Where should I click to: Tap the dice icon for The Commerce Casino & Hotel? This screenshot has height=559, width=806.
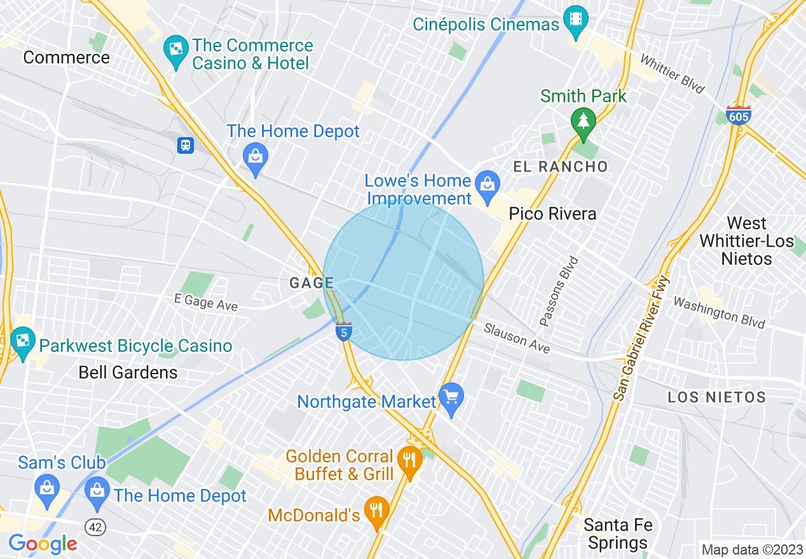[x=174, y=46]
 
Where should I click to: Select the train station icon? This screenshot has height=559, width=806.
[x=185, y=145]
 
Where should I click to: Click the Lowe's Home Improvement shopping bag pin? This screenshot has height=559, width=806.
[x=488, y=184]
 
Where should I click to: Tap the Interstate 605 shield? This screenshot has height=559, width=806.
[x=738, y=115]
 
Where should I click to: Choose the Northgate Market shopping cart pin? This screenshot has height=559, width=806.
[x=451, y=398]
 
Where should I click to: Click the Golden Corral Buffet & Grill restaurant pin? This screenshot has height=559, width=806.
[x=410, y=461]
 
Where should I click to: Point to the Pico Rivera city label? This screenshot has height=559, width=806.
[x=552, y=213]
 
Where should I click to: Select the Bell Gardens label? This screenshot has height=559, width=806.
[x=128, y=372]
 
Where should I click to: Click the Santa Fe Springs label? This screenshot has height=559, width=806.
[x=617, y=534]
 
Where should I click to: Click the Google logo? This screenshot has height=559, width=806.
[x=43, y=544]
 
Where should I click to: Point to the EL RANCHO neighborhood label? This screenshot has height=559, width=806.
[x=561, y=167]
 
